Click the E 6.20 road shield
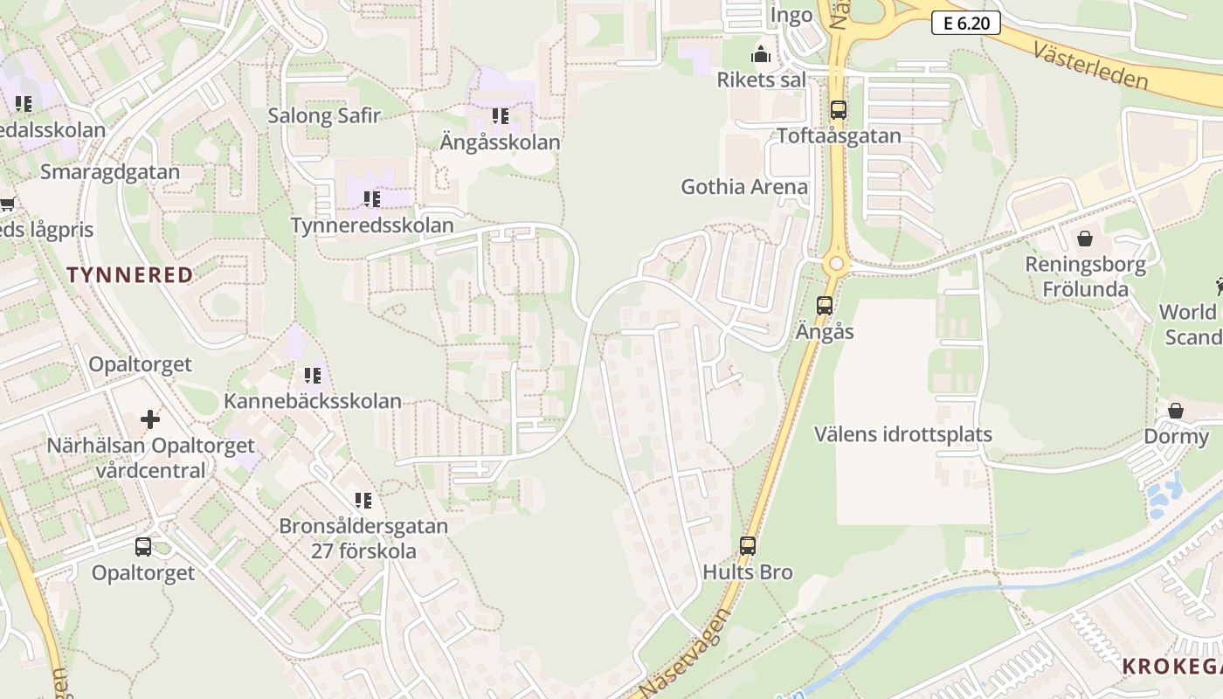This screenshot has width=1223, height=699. [x=965, y=23]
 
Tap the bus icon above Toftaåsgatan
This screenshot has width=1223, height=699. [x=839, y=110]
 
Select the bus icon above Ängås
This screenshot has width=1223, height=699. [x=825, y=306]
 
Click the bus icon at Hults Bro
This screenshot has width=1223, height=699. [x=748, y=546]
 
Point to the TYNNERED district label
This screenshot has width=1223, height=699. [x=130, y=275]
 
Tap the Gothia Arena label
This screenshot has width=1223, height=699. [x=744, y=187]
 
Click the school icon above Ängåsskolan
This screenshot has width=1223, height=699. [x=501, y=115]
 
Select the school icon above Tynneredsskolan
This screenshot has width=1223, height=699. [x=372, y=199]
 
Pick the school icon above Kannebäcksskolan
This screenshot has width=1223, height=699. [x=313, y=376]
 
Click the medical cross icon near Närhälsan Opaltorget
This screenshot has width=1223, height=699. [x=150, y=419]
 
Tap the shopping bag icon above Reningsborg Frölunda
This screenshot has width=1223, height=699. [x=1085, y=238]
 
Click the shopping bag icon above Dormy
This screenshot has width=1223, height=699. [x=1176, y=411]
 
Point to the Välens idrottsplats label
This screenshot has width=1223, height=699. [x=903, y=434]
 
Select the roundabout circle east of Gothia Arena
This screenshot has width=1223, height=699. [x=837, y=263]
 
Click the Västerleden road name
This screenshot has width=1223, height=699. [x=1090, y=66]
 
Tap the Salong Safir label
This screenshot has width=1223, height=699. [x=324, y=115]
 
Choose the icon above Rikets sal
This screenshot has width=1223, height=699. [x=761, y=54]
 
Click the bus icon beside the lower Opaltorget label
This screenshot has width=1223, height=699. [x=143, y=547]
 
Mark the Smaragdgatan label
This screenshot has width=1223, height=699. [x=110, y=171]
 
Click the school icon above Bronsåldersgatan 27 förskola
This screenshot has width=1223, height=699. [x=363, y=501]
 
